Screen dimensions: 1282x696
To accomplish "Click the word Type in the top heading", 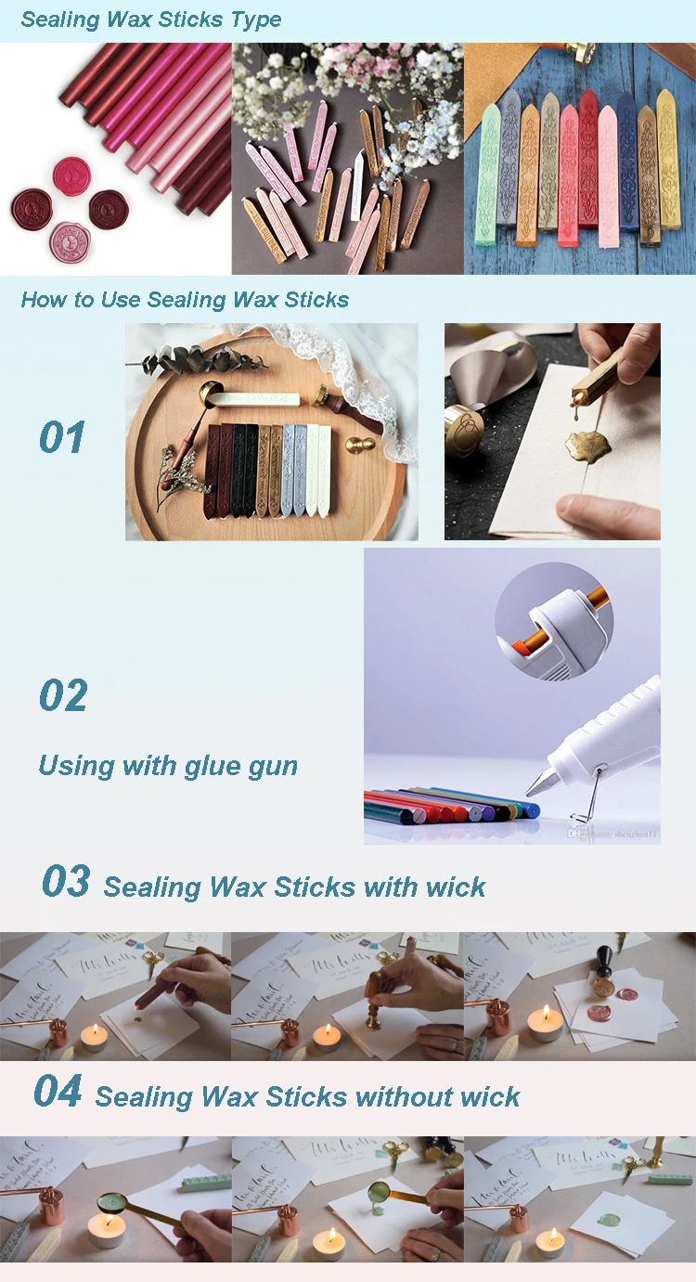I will click(x=251, y=19).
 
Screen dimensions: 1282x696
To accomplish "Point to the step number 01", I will click(x=62, y=438).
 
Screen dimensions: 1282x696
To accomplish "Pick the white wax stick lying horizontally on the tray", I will click(x=256, y=399).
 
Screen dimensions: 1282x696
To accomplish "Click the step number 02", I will click(x=63, y=696).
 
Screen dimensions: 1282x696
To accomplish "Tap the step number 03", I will click(x=66, y=882).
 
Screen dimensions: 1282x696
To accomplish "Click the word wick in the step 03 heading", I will click(x=455, y=887).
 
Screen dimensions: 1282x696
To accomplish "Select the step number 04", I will click(x=58, y=1092).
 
